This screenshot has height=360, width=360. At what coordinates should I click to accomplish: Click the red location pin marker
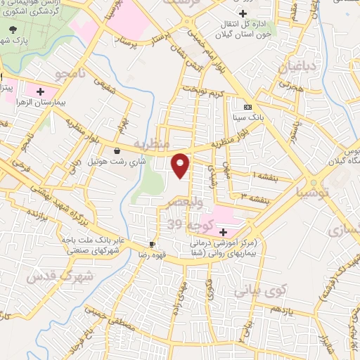[x=181, y=164]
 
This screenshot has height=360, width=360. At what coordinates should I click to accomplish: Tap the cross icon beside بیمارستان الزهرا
[x=40, y=91]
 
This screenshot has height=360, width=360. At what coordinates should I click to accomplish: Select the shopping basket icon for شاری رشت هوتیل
[x=117, y=150]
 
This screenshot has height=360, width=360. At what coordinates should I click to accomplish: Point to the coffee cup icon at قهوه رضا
[x=151, y=244]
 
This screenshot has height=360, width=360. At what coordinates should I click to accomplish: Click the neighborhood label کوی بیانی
[x=252, y=288]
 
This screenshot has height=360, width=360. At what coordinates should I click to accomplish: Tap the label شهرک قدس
[x=60, y=276]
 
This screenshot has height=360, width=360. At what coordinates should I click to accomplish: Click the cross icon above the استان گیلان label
[x=243, y=13]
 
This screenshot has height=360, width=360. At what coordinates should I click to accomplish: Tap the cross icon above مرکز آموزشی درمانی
[x=224, y=232]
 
